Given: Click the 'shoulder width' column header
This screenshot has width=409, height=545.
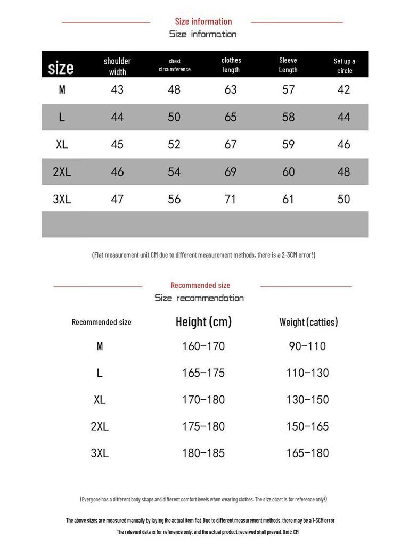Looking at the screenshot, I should pos(117,66).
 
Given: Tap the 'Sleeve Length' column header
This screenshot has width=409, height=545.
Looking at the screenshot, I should pos(288,65).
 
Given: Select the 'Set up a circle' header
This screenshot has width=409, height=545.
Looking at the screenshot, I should pos(345,65).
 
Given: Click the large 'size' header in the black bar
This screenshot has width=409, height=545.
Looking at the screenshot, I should pos(61,68).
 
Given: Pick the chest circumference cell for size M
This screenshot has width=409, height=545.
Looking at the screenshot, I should pos(174,89).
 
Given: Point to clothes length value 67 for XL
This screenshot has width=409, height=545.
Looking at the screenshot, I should pos(231,144).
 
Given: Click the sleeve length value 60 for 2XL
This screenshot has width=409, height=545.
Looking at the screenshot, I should pos(288,171).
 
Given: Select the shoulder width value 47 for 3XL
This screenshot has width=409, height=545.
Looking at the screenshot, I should pos(117,199).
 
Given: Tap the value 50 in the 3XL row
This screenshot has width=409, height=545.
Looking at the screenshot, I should pos(344,199).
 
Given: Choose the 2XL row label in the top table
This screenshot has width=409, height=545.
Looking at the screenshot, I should pos(62,171).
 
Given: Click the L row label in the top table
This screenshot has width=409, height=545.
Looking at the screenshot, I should pos(62,117).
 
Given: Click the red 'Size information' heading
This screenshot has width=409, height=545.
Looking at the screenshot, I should pos(203,21).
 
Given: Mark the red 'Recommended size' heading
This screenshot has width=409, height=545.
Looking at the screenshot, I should pos(200,285).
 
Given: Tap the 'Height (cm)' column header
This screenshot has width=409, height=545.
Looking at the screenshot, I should pos(203,321).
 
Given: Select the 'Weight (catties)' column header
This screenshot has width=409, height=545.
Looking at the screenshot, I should pos(308,322).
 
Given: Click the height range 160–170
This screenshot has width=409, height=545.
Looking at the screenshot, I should pos(203,346).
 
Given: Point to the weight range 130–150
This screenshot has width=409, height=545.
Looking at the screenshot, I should pos(308,399).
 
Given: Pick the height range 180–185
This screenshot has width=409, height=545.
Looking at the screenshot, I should pos(203,453).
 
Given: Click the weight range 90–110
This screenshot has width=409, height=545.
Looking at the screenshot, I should pos(307,346).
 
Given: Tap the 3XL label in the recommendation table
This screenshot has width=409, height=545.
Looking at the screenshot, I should pos(100,453).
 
